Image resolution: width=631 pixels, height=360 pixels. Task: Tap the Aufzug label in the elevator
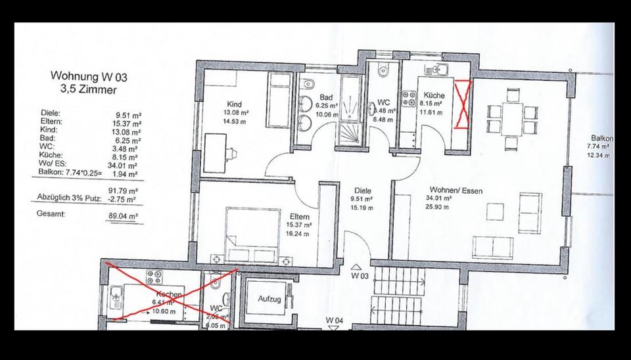tap(269, 298)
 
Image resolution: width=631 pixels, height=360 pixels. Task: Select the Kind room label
tap(234, 104)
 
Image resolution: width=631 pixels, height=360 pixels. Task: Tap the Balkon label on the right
tap(602, 139)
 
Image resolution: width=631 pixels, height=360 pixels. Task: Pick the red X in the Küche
tap(463, 104)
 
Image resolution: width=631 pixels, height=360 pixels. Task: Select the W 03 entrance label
tap(358, 277)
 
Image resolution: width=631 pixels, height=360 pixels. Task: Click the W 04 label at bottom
tap(335, 321)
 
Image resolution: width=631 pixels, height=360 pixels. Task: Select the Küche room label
tap(434, 95)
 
